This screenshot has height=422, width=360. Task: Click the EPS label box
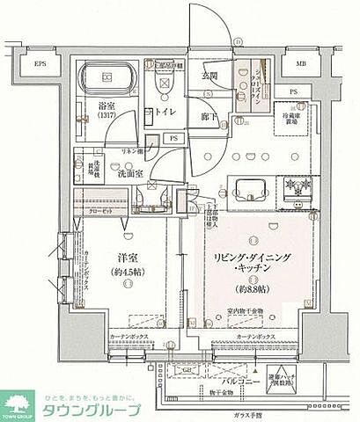40,65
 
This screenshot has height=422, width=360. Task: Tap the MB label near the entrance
301,63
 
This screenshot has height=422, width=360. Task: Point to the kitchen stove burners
296,186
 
